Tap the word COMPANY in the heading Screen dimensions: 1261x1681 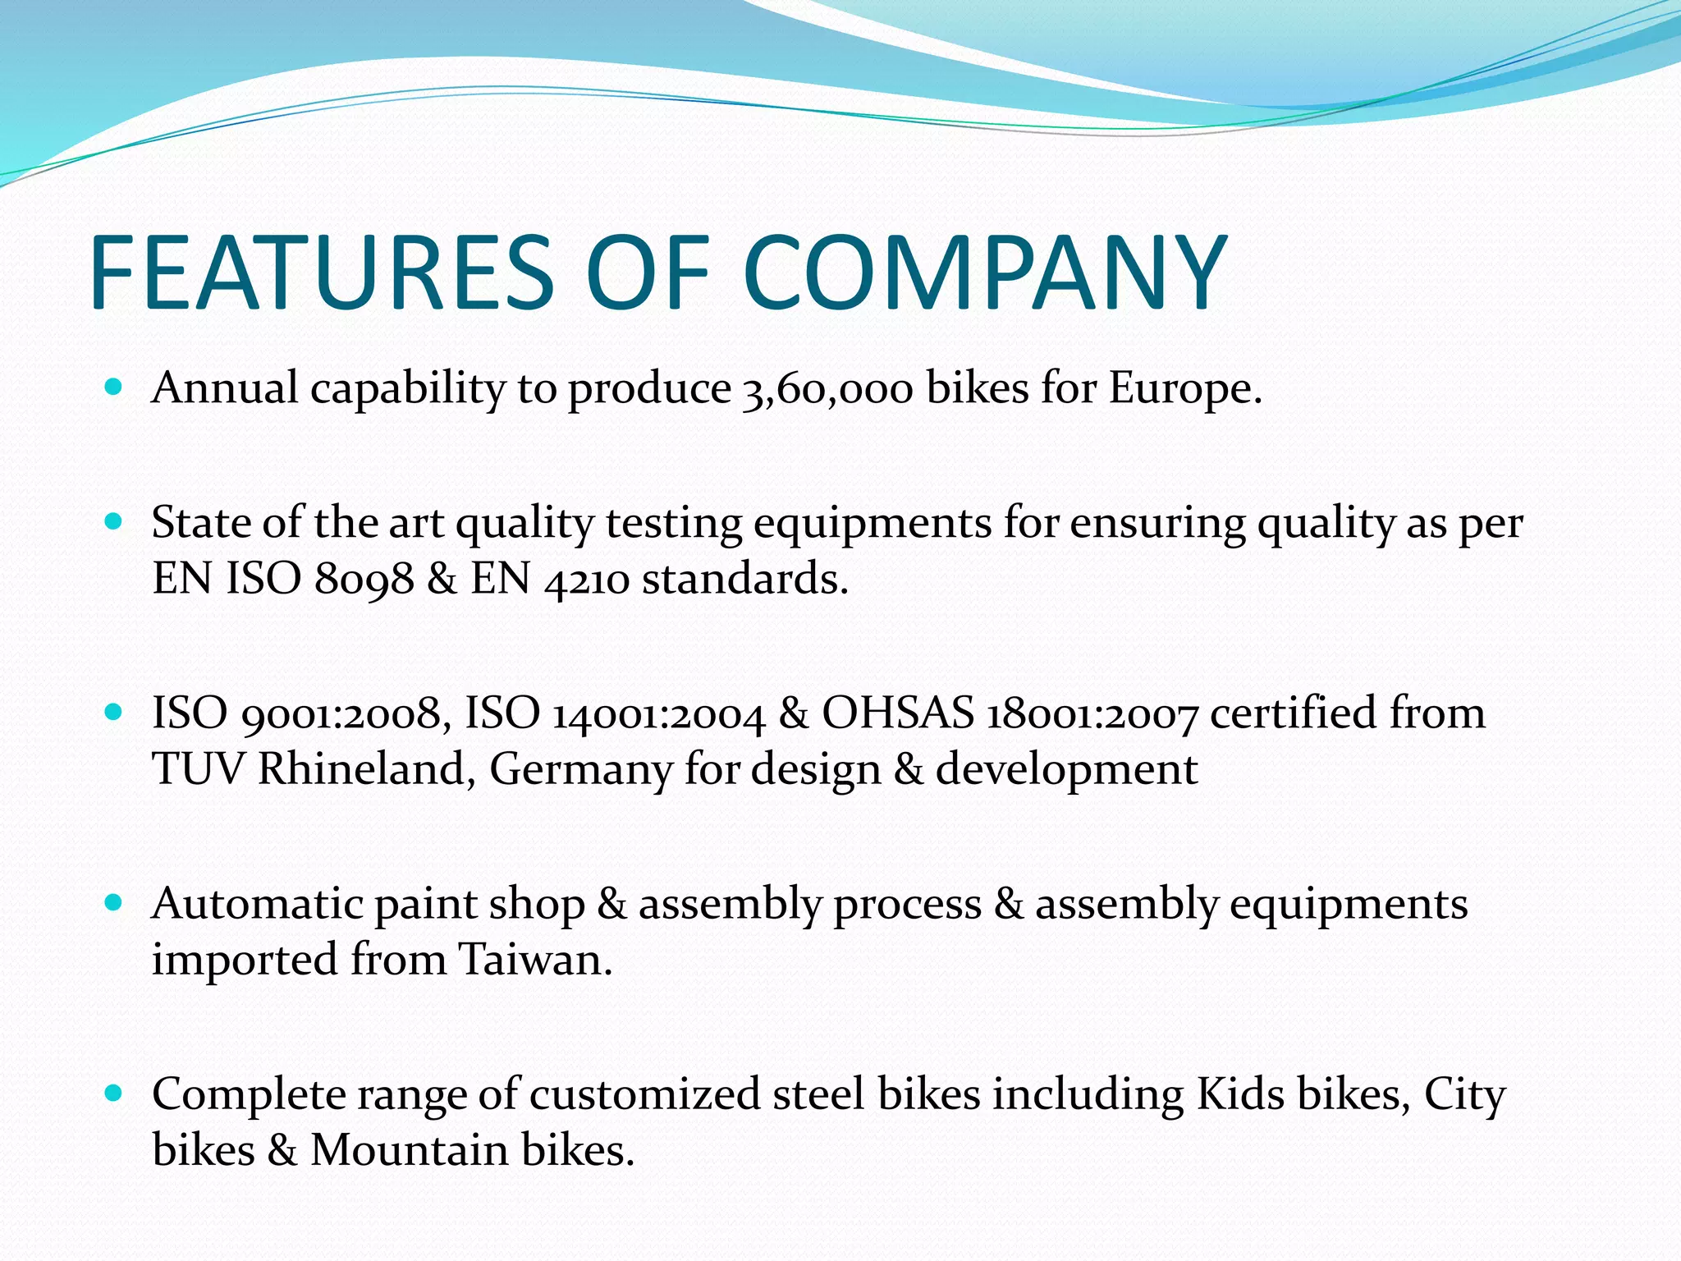click(985, 273)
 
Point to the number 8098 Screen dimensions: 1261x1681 click(364, 580)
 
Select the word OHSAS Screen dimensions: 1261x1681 click(898, 713)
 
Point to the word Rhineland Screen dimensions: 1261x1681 click(362, 770)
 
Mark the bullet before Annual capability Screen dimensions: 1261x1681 click(114, 386)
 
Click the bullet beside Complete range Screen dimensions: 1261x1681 click(114, 1094)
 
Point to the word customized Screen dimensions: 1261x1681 click(644, 1094)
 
